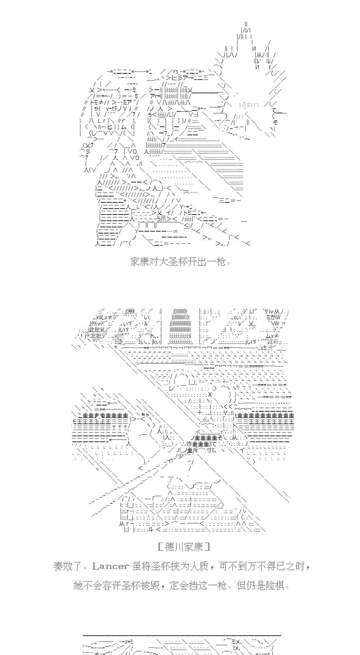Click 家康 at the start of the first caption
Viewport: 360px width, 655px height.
click(x=140, y=262)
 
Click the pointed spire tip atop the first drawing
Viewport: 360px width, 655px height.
click(x=246, y=24)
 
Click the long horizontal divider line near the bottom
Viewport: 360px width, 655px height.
click(x=182, y=635)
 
